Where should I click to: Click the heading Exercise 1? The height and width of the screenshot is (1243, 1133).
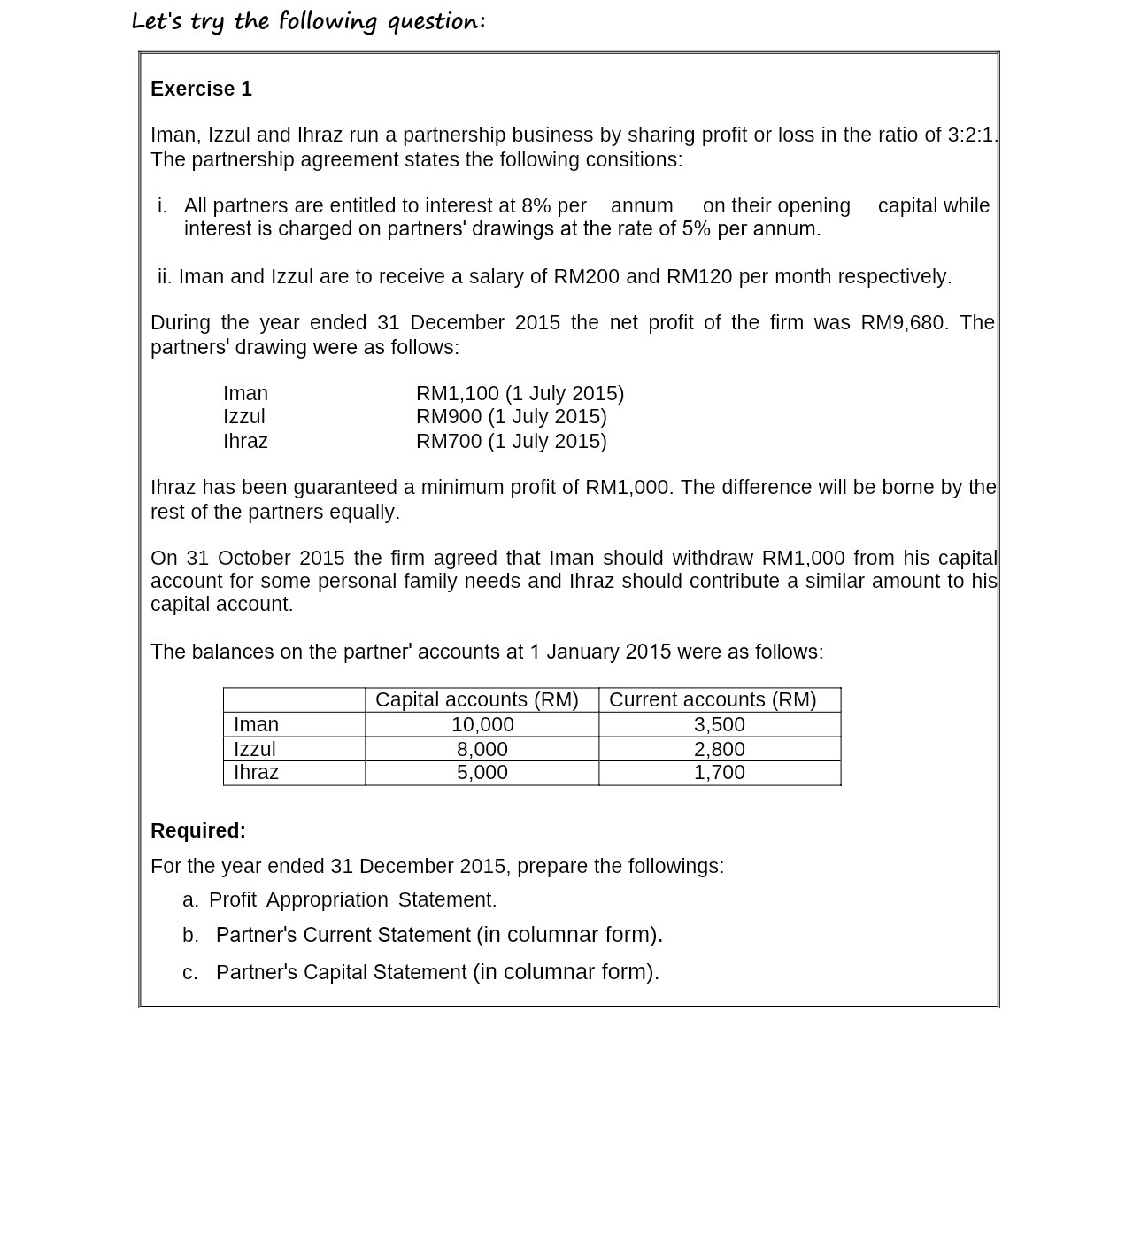click(201, 89)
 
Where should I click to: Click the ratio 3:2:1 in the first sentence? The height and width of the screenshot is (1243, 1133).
click(971, 135)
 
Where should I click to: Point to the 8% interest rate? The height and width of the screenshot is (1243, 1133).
click(536, 206)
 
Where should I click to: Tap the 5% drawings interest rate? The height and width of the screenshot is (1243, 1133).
click(696, 229)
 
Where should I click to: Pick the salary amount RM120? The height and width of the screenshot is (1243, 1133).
click(698, 277)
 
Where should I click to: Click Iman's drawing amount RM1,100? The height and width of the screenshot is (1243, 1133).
click(458, 394)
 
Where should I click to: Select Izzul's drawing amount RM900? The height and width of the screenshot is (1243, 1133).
click(449, 417)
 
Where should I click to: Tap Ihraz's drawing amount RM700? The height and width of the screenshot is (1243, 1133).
click(449, 442)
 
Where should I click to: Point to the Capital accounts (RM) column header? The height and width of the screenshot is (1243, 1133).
click(477, 700)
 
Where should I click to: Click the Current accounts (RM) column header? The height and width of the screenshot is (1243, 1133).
click(713, 700)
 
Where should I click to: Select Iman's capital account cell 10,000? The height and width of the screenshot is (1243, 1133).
click(482, 725)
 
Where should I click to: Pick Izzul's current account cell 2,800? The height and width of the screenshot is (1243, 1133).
click(719, 750)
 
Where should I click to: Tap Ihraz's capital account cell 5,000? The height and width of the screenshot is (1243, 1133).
click(482, 773)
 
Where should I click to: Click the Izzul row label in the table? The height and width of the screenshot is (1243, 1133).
click(255, 750)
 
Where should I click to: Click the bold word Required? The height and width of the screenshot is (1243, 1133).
click(198, 831)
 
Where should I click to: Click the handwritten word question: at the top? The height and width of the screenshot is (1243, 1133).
click(436, 21)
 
